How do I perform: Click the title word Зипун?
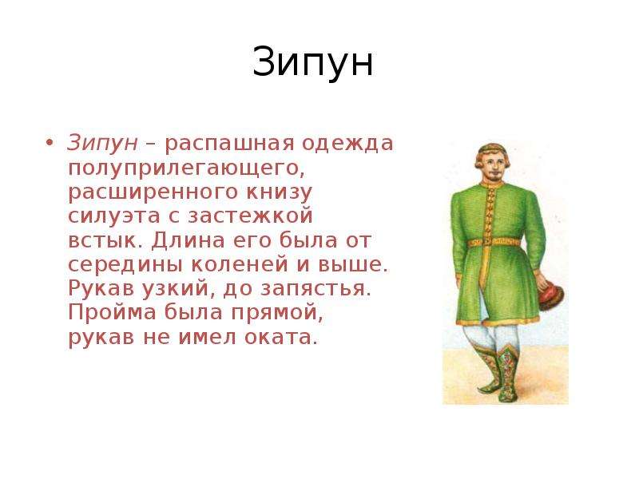coord(312,62)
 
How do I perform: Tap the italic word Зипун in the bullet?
coord(102,143)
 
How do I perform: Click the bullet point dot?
coord(50,143)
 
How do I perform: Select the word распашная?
coord(229,144)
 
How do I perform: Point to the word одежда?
coord(347,144)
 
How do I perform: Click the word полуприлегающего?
coord(186,168)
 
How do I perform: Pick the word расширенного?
coord(153,192)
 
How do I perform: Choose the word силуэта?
coord(114,216)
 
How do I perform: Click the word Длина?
coord(188,241)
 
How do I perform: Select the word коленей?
coord(240,265)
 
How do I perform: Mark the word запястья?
coord(316,289)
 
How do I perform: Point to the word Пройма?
coord(112,313)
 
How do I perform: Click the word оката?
coord(281,338)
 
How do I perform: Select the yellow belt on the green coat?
coord(494,243)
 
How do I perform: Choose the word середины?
coord(125,265)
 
